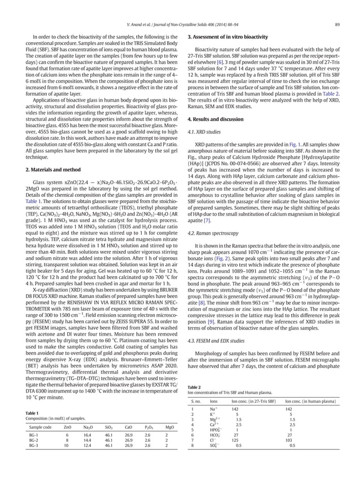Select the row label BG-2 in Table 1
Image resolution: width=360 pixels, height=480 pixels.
(x=33, y=443)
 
